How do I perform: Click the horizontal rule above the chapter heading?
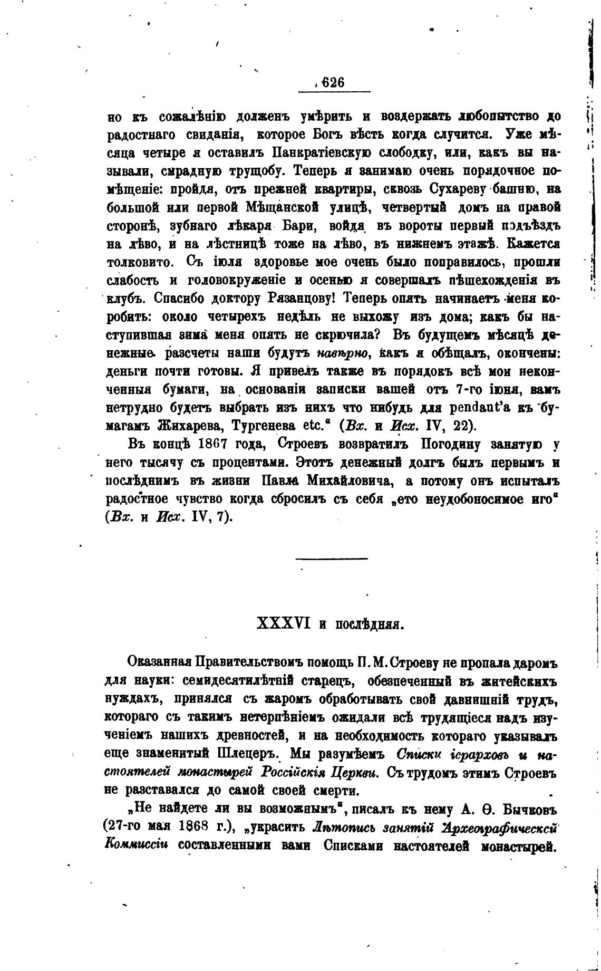[x=331, y=558]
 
